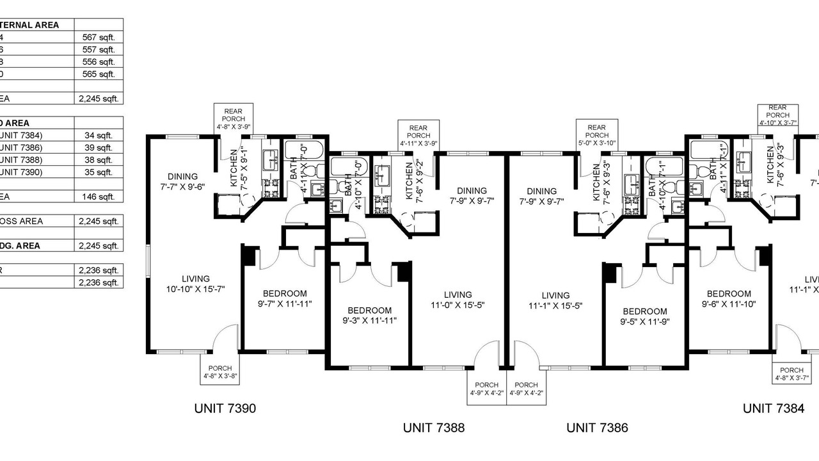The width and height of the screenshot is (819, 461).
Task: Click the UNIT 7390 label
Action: pos(225,408)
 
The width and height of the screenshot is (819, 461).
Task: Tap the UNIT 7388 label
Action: pos(434,427)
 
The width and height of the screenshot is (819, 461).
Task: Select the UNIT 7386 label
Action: pos(597,427)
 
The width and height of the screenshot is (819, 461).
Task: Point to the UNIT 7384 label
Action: pos(773,408)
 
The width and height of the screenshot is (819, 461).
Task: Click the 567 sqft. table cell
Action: pos(99,38)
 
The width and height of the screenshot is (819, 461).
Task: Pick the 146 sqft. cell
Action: pos(99,197)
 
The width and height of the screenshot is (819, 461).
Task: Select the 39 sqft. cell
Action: pos(99,147)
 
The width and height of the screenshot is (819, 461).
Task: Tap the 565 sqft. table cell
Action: pos(99,74)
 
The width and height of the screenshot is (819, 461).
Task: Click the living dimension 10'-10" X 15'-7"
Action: pos(196,289)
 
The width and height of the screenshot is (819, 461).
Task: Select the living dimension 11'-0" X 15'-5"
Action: pos(457,305)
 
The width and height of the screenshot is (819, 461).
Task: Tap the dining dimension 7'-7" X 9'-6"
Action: pos(182,187)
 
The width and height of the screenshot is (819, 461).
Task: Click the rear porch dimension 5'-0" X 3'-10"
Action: pos(597,143)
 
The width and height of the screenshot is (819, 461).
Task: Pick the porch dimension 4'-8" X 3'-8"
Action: pos(220,376)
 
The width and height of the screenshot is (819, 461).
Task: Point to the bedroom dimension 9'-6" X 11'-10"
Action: pos(729,304)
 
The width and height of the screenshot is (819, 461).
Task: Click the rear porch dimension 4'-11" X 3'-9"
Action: pos(418,143)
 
